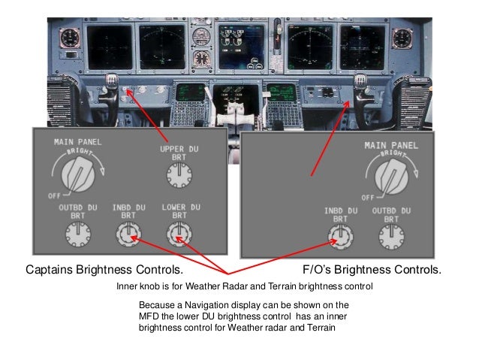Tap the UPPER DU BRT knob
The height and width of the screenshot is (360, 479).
click(x=178, y=177)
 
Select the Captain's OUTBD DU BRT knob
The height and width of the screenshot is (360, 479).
click(x=74, y=237)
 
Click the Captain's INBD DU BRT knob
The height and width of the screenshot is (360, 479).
click(x=125, y=237)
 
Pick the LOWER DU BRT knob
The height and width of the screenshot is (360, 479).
click(x=178, y=237)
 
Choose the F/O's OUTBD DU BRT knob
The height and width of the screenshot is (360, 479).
click(x=388, y=237)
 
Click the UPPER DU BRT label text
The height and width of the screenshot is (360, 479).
click(x=177, y=153)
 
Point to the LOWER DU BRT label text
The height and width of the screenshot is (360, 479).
click(x=179, y=210)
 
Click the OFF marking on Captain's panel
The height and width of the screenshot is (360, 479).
click(x=53, y=195)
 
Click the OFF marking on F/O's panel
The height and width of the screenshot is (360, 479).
click(x=366, y=196)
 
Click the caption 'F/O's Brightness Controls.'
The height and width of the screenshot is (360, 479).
click(x=371, y=269)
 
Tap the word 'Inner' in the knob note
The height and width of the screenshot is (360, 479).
click(x=128, y=287)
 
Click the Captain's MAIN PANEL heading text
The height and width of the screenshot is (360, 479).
click(x=78, y=141)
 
